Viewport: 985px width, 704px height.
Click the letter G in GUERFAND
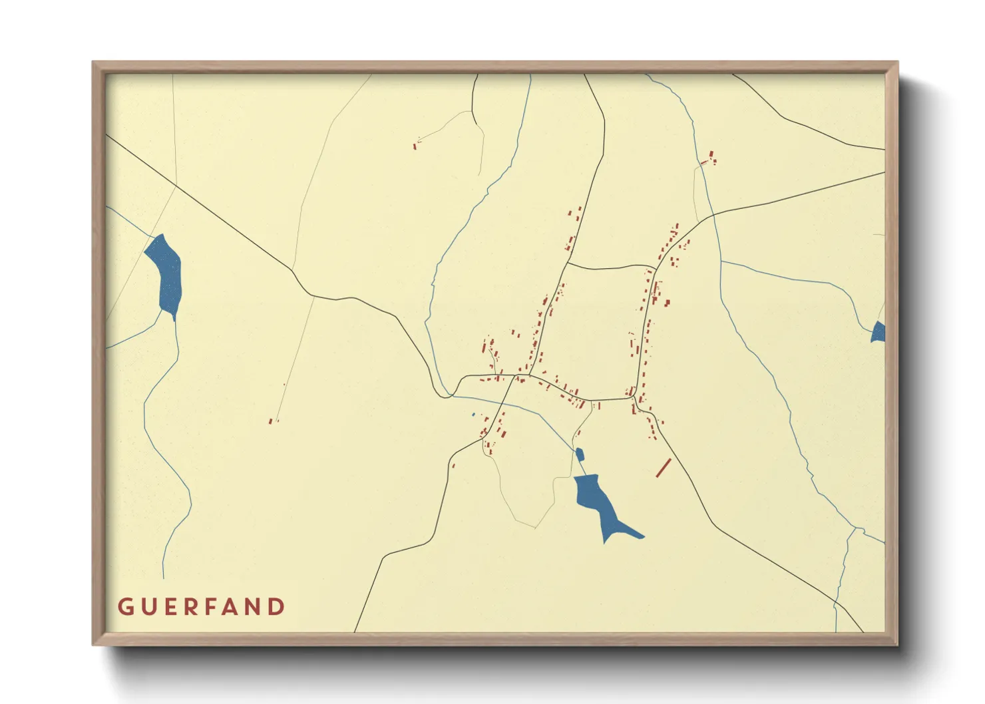[x=125, y=607]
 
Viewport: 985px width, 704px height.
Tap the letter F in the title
[x=212, y=607]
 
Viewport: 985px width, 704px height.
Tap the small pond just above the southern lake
[x=579, y=454]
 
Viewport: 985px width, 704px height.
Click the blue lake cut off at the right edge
[x=879, y=332]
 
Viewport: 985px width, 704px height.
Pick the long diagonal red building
[x=663, y=468]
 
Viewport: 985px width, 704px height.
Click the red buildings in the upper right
[x=709, y=158]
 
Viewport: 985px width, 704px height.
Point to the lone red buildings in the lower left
[x=271, y=421]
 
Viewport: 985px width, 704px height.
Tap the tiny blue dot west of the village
[x=473, y=415]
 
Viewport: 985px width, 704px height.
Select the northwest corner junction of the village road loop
[x=567, y=264]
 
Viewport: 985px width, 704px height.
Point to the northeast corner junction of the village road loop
[x=656, y=269]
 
